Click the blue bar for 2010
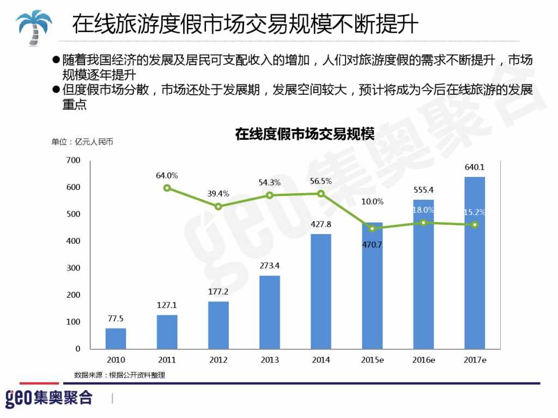pyautogui.click(x=116, y=338)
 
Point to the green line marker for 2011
pyautogui.click(x=167, y=188)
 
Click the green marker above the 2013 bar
pyautogui.click(x=269, y=195)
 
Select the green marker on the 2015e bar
pyautogui.click(x=372, y=229)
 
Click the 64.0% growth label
pyautogui.click(x=167, y=175)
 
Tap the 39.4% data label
pyautogui.click(x=218, y=193)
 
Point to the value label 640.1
pyautogui.click(x=474, y=167)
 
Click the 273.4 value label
pyautogui.click(x=269, y=266)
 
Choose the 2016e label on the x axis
pyautogui.click(x=423, y=360)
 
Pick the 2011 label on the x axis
pyautogui.click(x=167, y=360)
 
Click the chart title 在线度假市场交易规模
pyautogui.click(x=305, y=134)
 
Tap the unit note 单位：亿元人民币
pyautogui.click(x=82, y=142)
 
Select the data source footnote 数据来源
pyautogui.click(x=119, y=375)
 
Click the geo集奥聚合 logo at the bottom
pyautogui.click(x=49, y=398)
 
